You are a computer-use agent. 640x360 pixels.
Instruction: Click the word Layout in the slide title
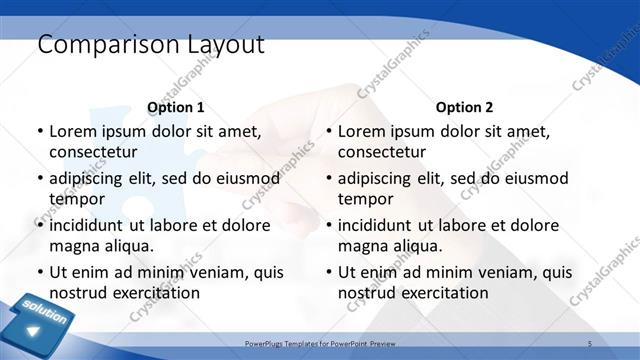click(223, 45)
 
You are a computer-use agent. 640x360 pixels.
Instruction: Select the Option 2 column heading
click(464, 107)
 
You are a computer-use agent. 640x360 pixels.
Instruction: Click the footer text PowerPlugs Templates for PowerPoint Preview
click(321, 342)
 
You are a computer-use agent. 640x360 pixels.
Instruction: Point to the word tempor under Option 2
click(366, 198)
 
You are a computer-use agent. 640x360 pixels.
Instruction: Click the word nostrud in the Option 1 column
click(78, 292)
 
